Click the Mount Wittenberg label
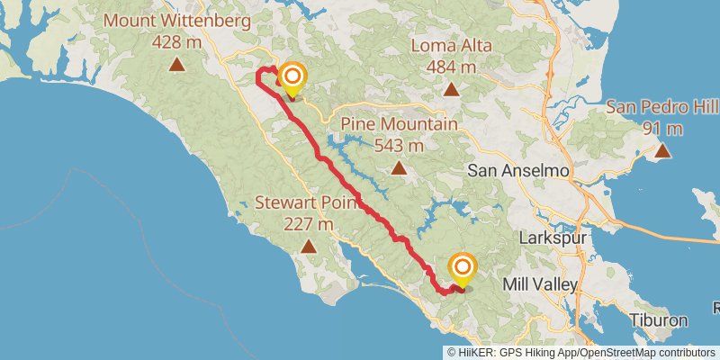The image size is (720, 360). tap(177, 20)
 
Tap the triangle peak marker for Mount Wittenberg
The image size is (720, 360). tap(177, 64)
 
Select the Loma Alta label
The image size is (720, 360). tap(450, 44)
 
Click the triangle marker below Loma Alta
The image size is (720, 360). tap(451, 89)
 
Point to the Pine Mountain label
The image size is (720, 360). tap(399, 124)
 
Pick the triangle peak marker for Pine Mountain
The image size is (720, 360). tap(399, 167)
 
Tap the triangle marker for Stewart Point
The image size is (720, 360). tap(309, 246)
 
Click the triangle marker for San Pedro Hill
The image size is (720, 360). tap(663, 150)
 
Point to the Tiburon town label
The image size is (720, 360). tap(658, 320)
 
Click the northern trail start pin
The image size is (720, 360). tap(292, 78)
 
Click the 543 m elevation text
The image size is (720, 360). tap(399, 145)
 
